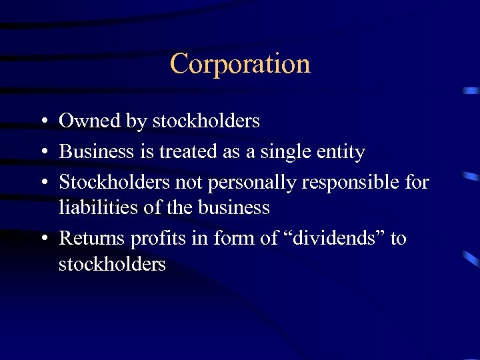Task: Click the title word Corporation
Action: pyautogui.click(x=240, y=64)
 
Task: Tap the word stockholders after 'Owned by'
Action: pyautogui.click(x=206, y=121)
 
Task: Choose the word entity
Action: pyautogui.click(x=340, y=153)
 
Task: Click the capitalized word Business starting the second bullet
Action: pyautogui.click(x=97, y=152)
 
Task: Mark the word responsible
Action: pyautogui.click(x=340, y=182)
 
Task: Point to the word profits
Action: pyautogui.click(x=157, y=238)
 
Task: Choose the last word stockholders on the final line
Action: pyautogui.click(x=112, y=264)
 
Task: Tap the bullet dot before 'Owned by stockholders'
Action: pyautogui.click(x=42, y=122)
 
